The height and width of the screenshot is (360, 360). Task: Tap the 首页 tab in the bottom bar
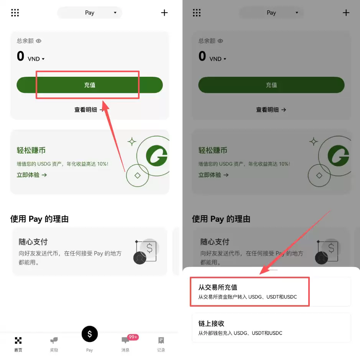tap(18, 344)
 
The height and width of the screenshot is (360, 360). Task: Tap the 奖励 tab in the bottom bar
tap(54, 344)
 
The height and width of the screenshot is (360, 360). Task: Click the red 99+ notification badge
tap(133, 337)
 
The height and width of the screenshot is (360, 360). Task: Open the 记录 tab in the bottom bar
tap(161, 344)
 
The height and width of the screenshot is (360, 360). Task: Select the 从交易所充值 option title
tap(218, 287)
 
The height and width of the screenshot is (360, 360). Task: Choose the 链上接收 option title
tap(211, 324)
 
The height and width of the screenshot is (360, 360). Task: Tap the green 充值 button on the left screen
tap(90, 85)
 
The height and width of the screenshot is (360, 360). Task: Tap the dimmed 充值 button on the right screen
tap(271, 85)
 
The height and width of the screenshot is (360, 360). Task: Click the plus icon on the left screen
tap(164, 13)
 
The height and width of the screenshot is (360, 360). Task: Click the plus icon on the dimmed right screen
tap(346, 13)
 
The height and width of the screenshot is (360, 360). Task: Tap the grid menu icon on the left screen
tap(15, 13)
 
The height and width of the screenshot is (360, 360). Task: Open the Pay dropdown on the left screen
tap(90, 13)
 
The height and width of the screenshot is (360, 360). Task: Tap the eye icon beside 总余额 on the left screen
tap(39, 41)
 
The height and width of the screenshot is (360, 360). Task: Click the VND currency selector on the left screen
tap(36, 59)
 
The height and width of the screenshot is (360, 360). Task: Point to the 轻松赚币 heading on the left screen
tap(31, 150)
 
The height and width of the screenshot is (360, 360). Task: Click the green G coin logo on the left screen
tap(156, 156)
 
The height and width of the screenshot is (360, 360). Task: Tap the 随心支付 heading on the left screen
tap(33, 242)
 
